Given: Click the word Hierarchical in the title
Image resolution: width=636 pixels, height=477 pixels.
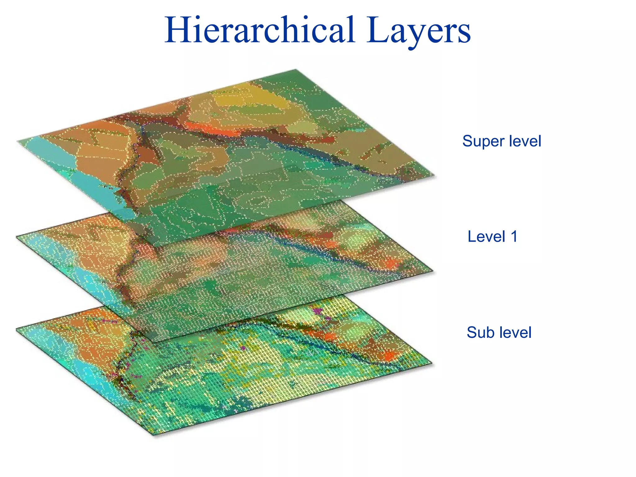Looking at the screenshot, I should coord(260,30).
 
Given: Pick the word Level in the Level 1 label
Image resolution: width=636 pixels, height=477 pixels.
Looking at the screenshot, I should coord(487,237).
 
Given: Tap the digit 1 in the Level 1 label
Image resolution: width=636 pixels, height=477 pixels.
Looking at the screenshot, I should coord(514,237).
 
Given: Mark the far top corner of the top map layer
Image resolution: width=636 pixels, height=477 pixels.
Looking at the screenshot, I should coord(295,70).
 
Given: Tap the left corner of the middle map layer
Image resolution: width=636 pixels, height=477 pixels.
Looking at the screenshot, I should coord(17,237).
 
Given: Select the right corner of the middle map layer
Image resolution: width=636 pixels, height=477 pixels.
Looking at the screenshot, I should coord(432,271).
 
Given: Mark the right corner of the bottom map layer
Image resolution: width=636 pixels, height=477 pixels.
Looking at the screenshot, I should coord(432,363).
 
